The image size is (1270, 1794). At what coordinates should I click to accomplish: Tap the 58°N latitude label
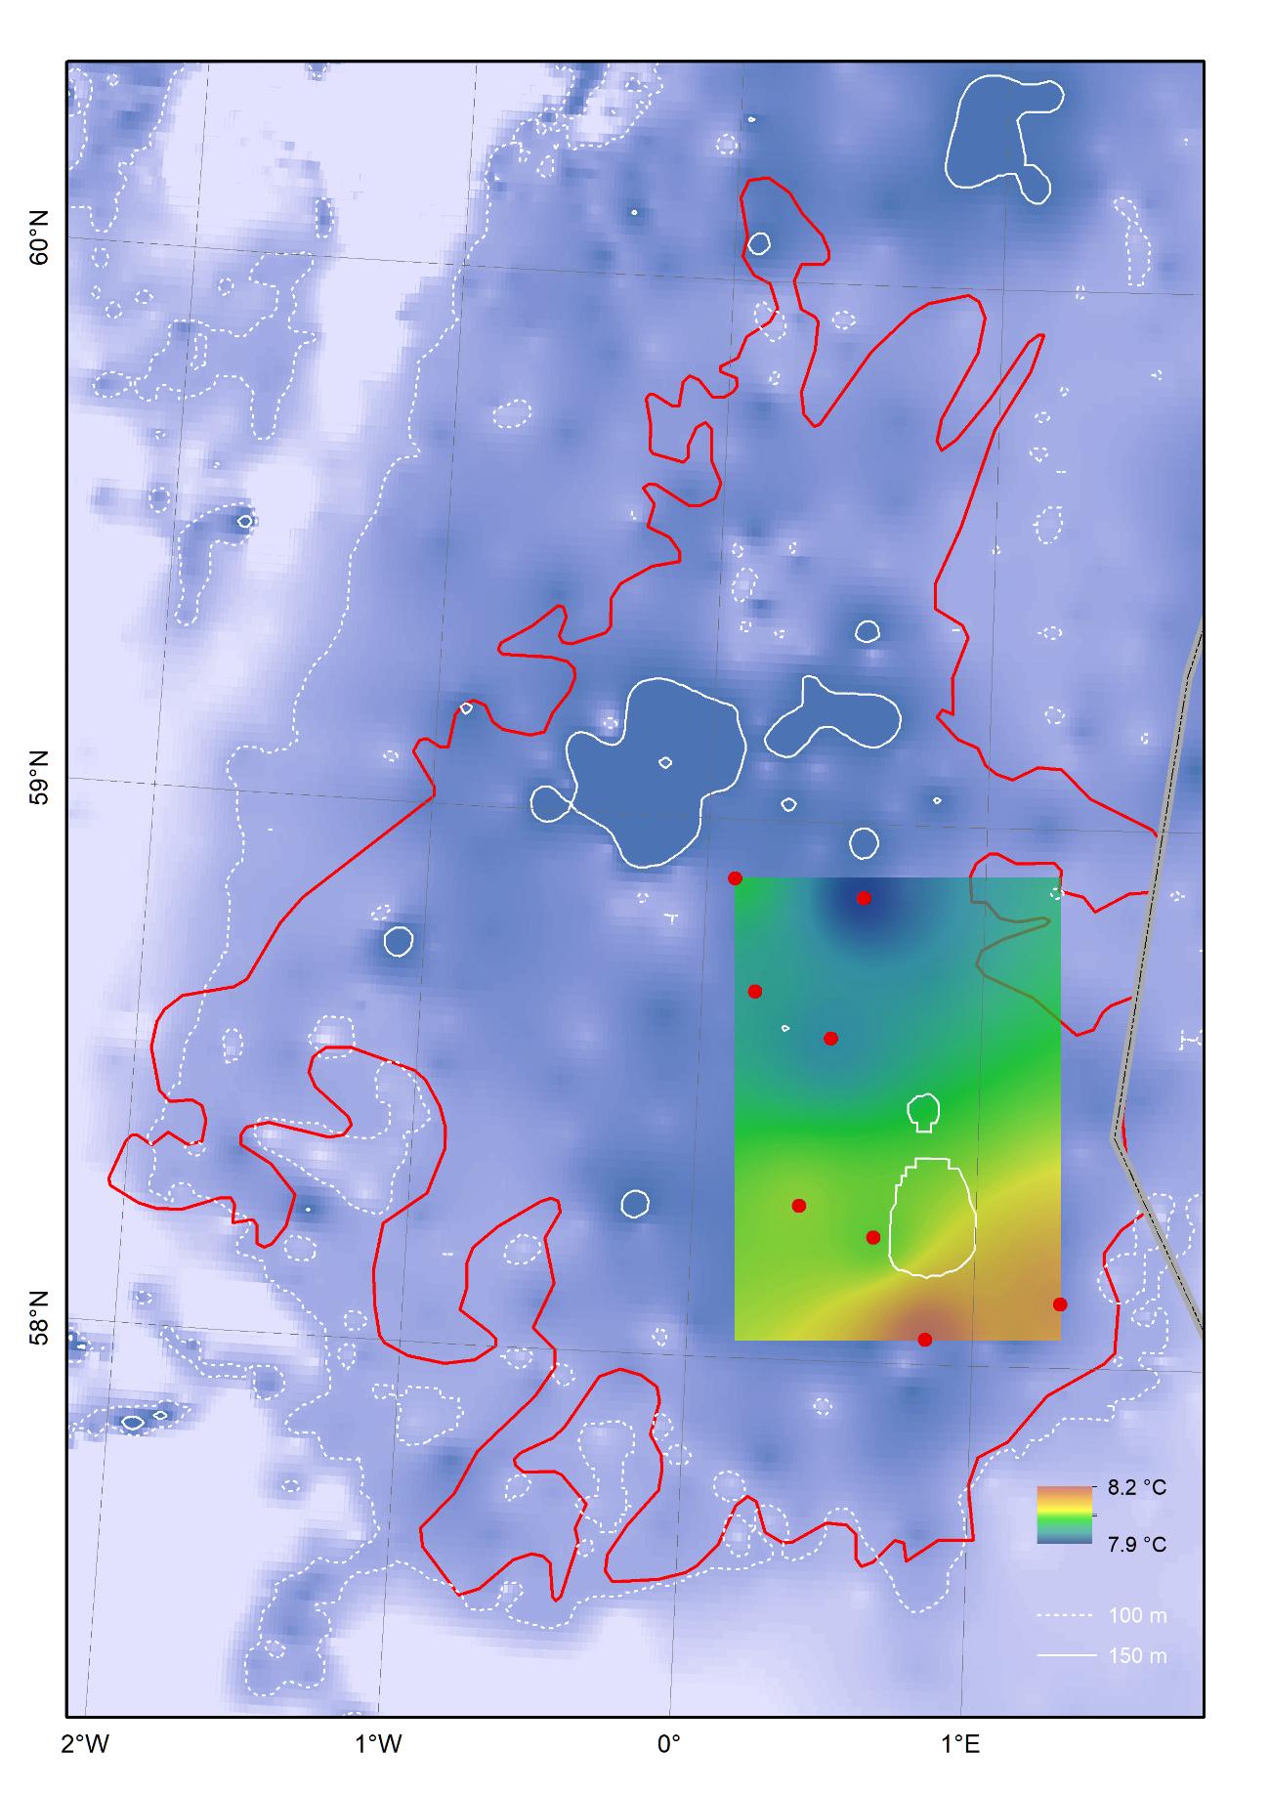click(x=38, y=1318)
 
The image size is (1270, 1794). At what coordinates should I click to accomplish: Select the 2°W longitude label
click(x=85, y=1742)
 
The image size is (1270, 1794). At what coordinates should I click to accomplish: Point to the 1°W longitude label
click(x=377, y=1742)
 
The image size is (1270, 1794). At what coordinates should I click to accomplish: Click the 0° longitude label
click(x=669, y=1742)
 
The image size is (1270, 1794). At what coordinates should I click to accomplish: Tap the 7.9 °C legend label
click(x=1137, y=1545)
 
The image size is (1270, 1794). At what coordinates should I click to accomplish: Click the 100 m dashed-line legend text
click(x=1138, y=1615)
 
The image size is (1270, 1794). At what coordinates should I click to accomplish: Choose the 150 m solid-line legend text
click(x=1138, y=1656)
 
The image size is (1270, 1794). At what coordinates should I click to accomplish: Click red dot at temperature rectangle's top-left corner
click(x=735, y=878)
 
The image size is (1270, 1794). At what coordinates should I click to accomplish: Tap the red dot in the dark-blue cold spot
click(x=864, y=898)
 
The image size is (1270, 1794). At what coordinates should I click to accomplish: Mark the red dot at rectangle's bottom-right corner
click(x=1060, y=1304)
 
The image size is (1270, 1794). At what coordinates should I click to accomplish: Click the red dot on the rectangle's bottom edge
click(x=925, y=1340)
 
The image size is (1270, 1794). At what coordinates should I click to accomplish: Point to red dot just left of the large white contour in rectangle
click(x=873, y=1237)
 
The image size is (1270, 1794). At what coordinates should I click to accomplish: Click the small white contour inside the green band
click(x=924, y=1111)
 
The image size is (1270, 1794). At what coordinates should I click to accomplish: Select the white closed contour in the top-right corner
click(x=1001, y=132)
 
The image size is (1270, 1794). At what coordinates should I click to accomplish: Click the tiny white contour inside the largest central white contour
click(x=665, y=762)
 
